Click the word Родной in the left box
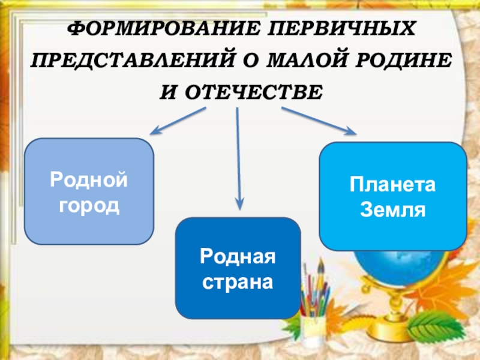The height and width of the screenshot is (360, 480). point(89,179)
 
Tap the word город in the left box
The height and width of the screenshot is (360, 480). point(89,205)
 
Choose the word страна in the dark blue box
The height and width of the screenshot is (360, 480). point(238,281)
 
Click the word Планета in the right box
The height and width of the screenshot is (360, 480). point(392,185)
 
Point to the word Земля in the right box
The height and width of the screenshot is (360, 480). point(392,210)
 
